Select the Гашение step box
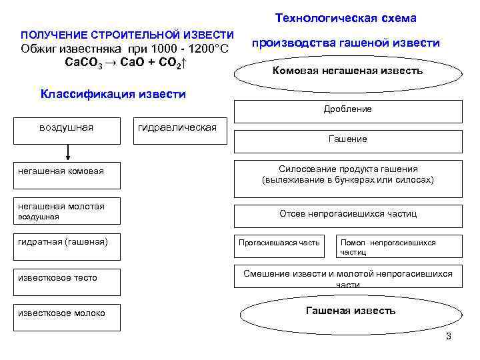347,141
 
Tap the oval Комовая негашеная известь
347,71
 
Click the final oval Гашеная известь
350,311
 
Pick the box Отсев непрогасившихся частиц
347,215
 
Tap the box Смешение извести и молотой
347,277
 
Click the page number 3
449,336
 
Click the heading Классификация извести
113,94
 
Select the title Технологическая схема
345,19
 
